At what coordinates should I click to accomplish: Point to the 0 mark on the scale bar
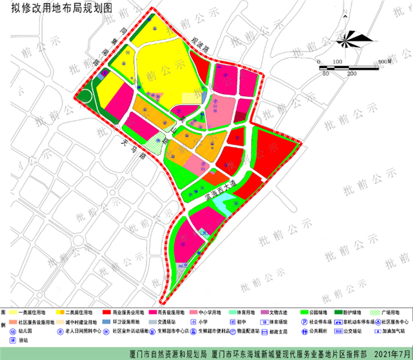click(319, 61)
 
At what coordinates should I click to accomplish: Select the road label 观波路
click(201, 49)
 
